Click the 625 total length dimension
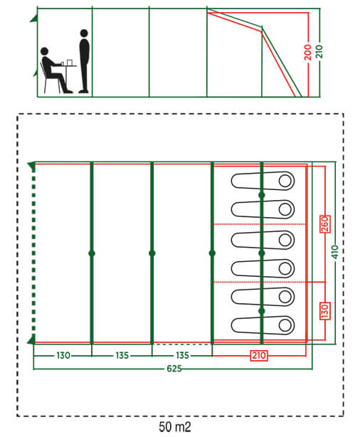tap(174, 369)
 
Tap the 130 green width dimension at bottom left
tap(63, 355)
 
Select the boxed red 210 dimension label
tap(259, 355)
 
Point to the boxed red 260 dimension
tap(325, 223)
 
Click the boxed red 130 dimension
tap(325, 311)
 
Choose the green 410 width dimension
tap(336, 252)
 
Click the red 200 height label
tap(307, 52)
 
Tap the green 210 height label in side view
tap(319, 51)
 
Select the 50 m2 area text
tap(175, 427)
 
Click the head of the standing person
tap(84, 33)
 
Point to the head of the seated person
tap(45, 51)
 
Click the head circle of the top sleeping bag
tap(285, 181)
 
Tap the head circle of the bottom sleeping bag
tap(285, 325)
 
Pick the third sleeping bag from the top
tap(263, 240)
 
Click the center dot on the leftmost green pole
tap(92, 253)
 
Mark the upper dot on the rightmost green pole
tap(261, 195)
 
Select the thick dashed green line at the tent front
tap(33, 253)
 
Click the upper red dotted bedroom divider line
tap(259, 224)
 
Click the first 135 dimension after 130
tap(122, 355)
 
